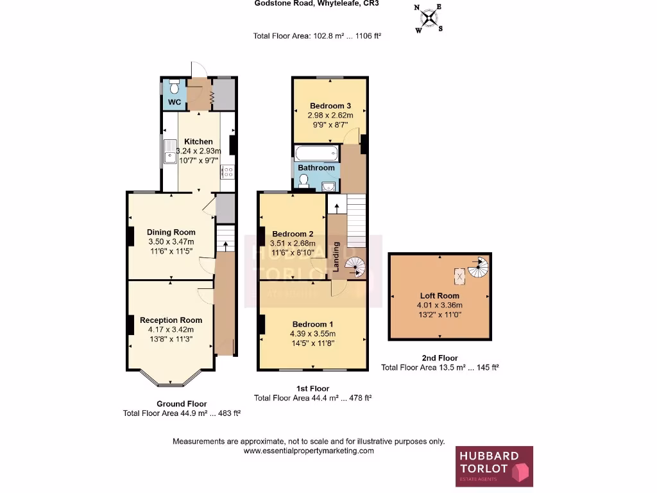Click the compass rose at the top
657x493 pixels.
click(x=429, y=18)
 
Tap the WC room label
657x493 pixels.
click(x=174, y=103)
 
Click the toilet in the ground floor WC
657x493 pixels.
click(x=174, y=88)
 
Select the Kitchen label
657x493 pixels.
click(x=198, y=141)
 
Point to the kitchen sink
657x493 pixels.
click(x=170, y=152)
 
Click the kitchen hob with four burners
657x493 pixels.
click(x=227, y=171)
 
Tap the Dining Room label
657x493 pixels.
click(x=171, y=232)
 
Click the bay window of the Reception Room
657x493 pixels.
click(x=171, y=380)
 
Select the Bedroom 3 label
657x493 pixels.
click(x=329, y=106)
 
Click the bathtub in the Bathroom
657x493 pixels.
click(x=316, y=153)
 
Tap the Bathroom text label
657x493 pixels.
click(x=316, y=168)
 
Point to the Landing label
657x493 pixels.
click(x=336, y=257)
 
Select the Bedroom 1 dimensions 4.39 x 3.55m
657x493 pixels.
click(x=313, y=333)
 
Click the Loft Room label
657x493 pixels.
click(x=439, y=296)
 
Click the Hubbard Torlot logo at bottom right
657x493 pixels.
click(x=494, y=467)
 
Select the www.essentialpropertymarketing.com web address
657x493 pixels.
click(x=308, y=451)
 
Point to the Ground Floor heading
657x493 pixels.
click(x=182, y=404)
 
